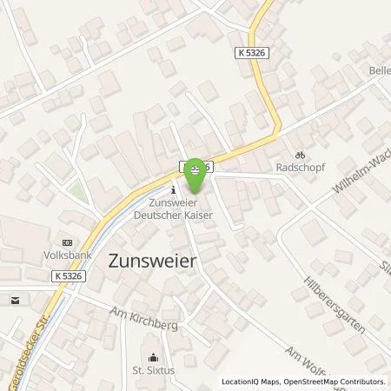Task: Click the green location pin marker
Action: pos(198,175)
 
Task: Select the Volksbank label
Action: pos(68,256)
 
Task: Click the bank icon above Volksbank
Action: pos(68,243)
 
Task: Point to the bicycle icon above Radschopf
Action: pos(301,148)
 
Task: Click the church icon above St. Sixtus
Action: pos(154,357)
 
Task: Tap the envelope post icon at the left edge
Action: pos(16,300)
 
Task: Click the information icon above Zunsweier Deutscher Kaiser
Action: pos(175,189)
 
